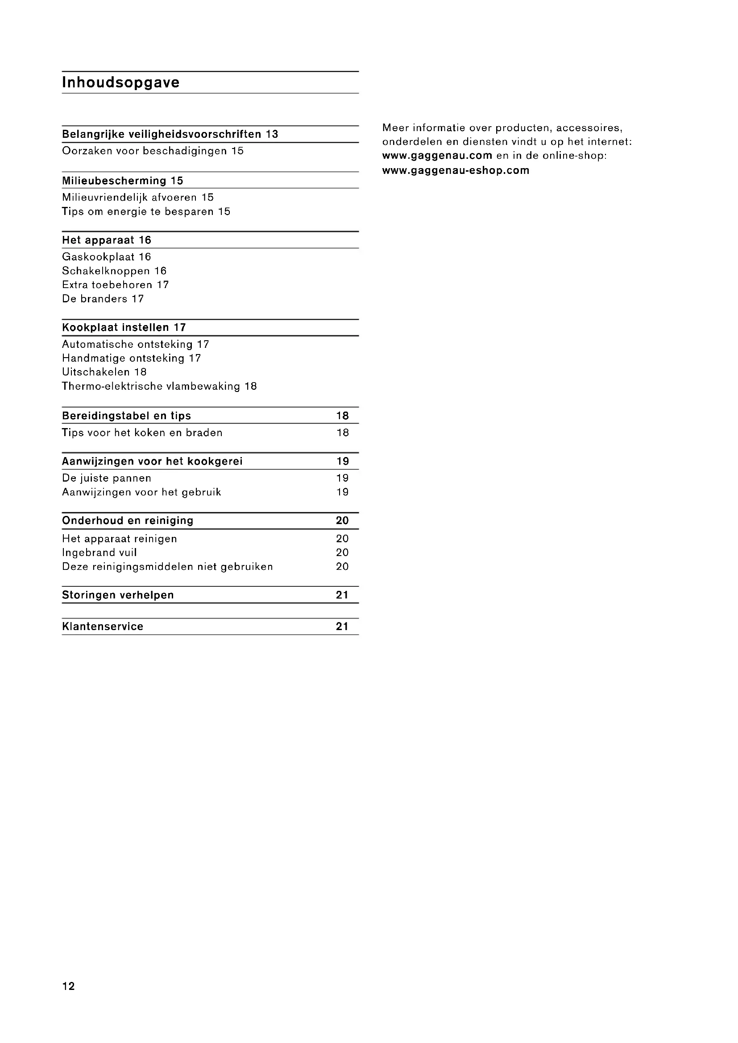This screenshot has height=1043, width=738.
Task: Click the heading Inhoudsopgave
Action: point(120,82)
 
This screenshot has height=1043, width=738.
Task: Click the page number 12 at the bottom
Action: point(69,986)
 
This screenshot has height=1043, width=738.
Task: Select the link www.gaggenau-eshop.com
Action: point(456,171)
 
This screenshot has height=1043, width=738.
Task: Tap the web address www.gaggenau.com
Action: point(437,156)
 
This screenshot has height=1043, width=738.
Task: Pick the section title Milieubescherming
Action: point(114,181)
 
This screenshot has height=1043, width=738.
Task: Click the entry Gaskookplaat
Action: point(99,257)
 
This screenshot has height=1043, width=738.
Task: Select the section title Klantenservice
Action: point(103,627)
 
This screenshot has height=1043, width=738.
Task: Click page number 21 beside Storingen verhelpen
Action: point(342,595)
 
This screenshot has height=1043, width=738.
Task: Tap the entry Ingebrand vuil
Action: point(100,552)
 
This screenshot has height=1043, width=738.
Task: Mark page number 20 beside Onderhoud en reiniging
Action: point(342,520)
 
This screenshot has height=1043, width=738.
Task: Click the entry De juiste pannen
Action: point(107,478)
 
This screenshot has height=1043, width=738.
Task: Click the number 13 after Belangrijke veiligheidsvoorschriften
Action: point(272,135)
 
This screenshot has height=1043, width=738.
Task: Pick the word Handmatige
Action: point(94,359)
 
